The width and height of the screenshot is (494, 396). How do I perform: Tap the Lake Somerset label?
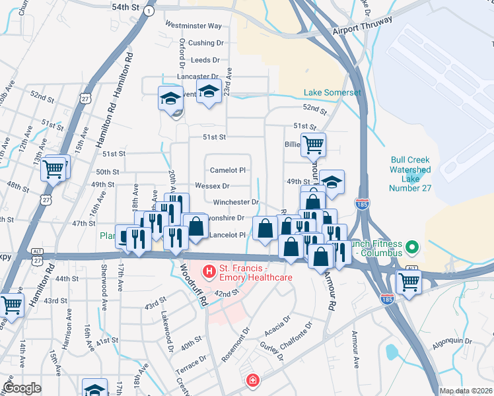click(x=332, y=92)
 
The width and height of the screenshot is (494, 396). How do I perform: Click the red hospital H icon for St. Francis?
click(x=209, y=271)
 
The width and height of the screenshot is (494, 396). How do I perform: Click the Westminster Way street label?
click(x=193, y=26)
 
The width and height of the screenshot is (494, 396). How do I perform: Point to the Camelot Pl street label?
click(x=228, y=170)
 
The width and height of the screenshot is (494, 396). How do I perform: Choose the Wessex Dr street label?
click(x=212, y=186)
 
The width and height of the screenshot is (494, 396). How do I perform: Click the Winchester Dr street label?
click(x=235, y=202)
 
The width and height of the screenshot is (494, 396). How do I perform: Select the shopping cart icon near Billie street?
click(x=313, y=144)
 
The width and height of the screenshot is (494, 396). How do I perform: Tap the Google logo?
click(x=22, y=388)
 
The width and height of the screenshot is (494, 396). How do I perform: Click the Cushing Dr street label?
click(x=206, y=43)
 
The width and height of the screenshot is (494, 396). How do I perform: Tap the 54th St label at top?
click(x=125, y=7)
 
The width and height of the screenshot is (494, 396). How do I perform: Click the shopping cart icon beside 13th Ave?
click(x=55, y=168)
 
